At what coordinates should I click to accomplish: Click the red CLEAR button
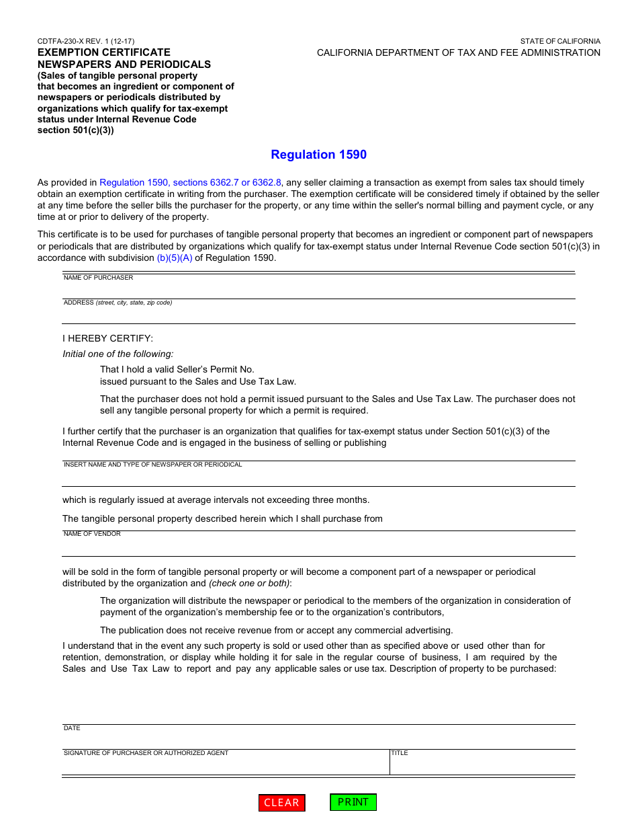click(x=281, y=803)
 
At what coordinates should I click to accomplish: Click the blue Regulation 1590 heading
click(x=318, y=155)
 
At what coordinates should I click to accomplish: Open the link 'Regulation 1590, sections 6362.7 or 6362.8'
click(x=191, y=182)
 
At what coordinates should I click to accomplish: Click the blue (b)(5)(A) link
click(x=174, y=258)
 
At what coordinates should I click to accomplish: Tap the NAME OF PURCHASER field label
click(x=98, y=278)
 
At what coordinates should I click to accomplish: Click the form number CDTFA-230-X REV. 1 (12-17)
click(x=85, y=41)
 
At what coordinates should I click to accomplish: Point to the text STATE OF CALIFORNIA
click(x=560, y=41)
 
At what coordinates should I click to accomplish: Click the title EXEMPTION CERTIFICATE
click(x=103, y=52)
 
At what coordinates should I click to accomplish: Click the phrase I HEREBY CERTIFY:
click(x=107, y=338)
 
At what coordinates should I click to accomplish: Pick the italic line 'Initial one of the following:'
click(x=118, y=354)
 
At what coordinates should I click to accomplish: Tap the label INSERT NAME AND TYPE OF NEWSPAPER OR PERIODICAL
click(x=152, y=465)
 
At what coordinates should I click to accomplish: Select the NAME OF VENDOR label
click(x=92, y=534)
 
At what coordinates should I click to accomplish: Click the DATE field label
click(x=72, y=728)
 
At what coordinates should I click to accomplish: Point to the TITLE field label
click(x=400, y=753)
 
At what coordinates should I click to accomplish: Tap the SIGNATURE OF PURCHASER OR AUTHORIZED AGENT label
click(x=146, y=753)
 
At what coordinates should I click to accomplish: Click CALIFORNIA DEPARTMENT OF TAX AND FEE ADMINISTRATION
click(x=459, y=52)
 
